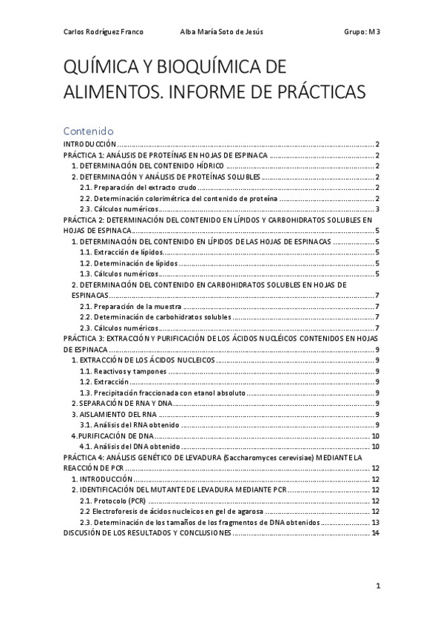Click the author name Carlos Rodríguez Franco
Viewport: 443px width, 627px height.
click(x=104, y=32)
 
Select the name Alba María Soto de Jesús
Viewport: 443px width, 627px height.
click(x=222, y=32)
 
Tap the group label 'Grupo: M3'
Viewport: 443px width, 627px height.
click(x=362, y=32)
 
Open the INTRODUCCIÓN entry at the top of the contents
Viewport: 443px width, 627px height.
click(x=90, y=144)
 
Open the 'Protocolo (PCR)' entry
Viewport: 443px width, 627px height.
click(x=112, y=501)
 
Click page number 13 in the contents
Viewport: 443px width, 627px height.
click(x=375, y=522)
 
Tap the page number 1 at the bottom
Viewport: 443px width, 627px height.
click(x=377, y=586)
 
